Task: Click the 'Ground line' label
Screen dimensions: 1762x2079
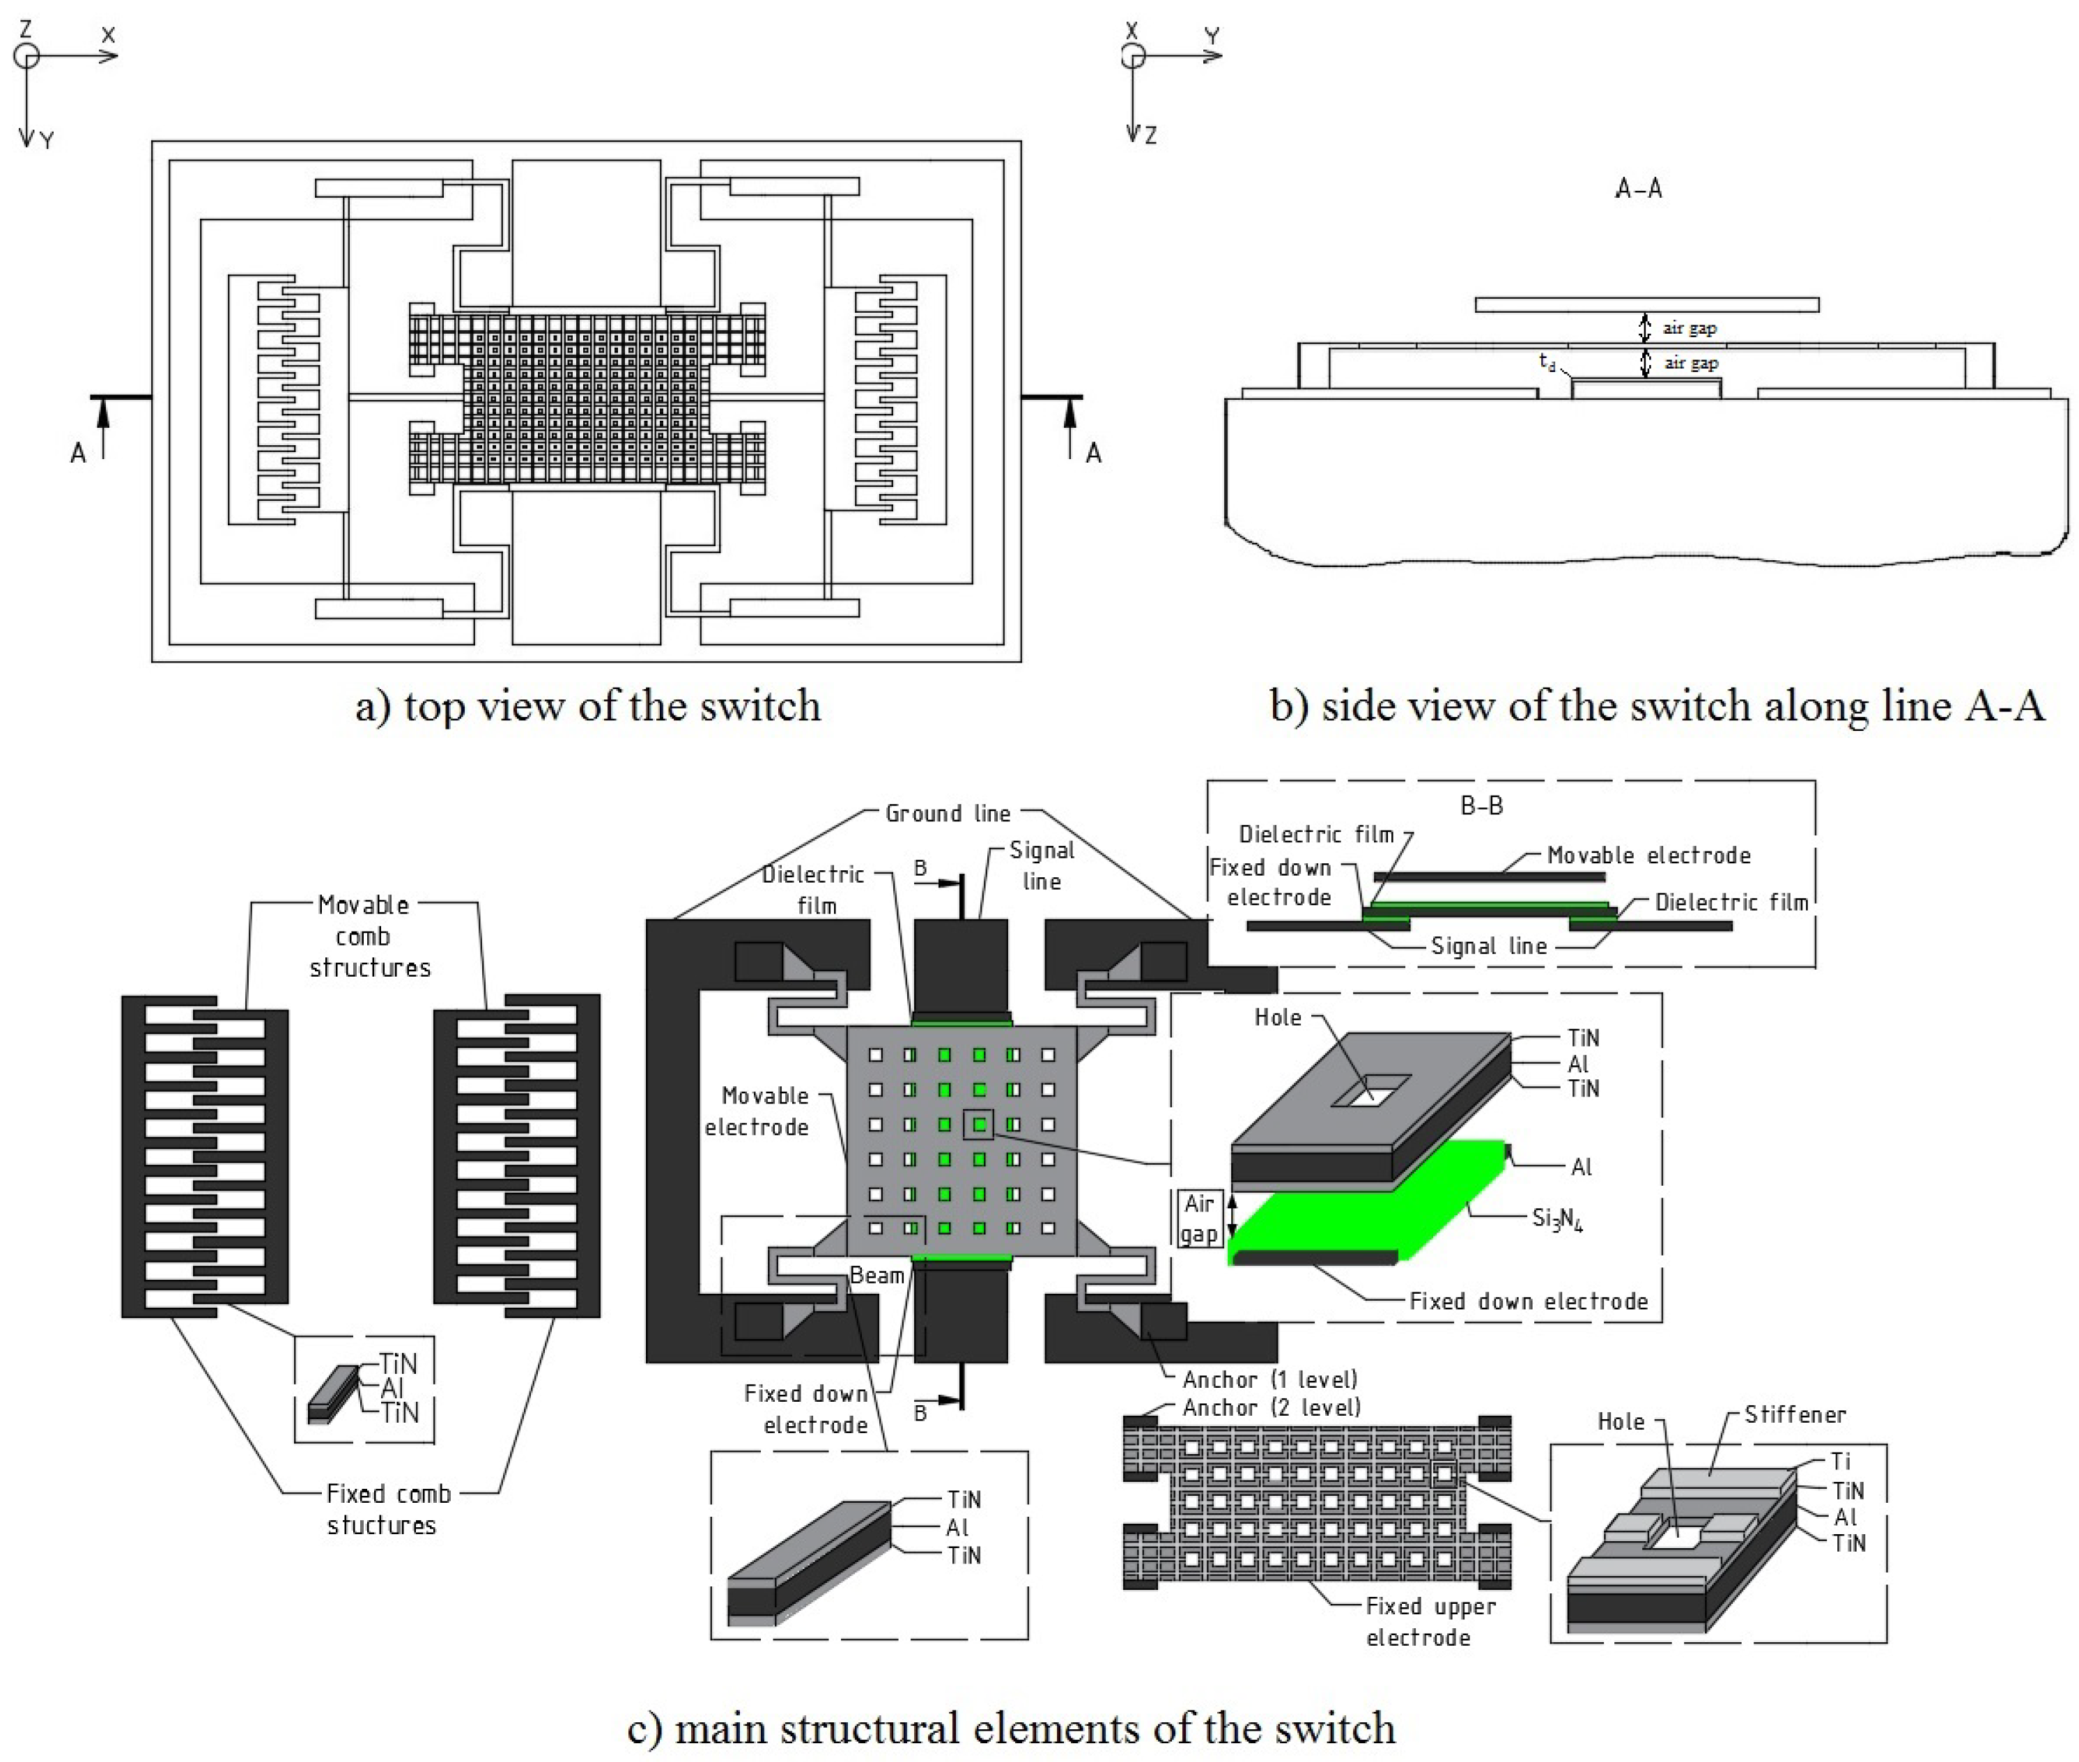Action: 947,813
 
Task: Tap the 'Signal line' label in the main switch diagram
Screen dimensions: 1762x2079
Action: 1041,865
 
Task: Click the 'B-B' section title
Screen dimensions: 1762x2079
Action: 1482,805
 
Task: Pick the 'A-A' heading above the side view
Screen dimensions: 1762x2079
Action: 1639,189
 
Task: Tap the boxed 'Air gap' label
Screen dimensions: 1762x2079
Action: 1199,1219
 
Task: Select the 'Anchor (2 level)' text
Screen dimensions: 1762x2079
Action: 1271,1407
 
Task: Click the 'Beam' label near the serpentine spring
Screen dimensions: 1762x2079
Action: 876,1276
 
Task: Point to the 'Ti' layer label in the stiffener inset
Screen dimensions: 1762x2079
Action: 1840,1460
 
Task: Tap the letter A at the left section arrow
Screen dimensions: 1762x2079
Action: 78,454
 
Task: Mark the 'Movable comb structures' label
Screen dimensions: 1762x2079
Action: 366,936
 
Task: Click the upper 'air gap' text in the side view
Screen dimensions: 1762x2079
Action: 1690,327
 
